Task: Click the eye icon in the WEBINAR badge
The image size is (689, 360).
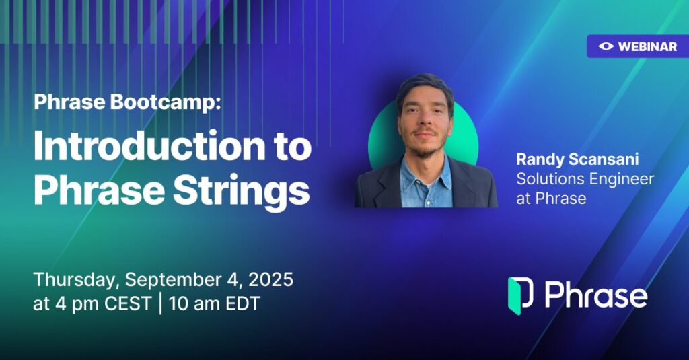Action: coord(606,46)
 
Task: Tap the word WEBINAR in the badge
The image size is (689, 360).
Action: coord(648,46)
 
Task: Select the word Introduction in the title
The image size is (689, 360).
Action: coord(149,146)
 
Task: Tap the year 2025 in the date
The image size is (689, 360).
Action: coord(270,279)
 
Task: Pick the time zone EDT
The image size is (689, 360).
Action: coord(242,303)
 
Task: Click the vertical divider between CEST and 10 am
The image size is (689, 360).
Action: coord(160,304)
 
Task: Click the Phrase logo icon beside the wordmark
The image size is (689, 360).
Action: coord(521,296)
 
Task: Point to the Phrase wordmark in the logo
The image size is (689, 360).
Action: coord(596,295)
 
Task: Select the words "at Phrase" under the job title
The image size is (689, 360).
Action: coord(551,199)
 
